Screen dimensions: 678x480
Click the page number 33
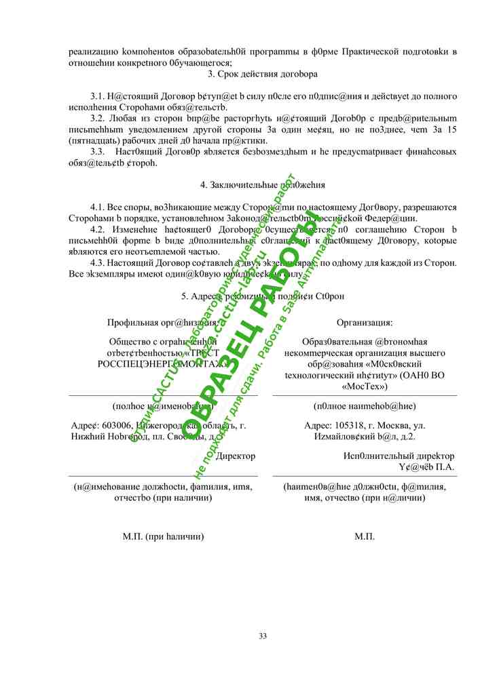click(263, 636)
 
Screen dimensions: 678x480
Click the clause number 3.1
click(97, 96)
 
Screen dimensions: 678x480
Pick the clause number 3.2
click(97, 118)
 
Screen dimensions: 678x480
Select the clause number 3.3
click(97, 151)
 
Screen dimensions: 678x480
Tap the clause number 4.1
click(97, 207)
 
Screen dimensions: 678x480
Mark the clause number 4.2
click(97, 229)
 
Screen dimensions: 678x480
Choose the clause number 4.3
click(97, 262)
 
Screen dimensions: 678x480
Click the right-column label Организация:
click(365, 323)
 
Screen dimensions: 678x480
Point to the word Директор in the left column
click(235, 456)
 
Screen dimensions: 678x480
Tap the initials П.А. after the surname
click(443, 467)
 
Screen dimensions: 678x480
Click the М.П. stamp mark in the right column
click(365, 536)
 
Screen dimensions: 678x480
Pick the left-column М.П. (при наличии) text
click(163, 536)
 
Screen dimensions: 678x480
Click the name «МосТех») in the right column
click(365, 386)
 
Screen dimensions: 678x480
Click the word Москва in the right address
click(390, 426)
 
